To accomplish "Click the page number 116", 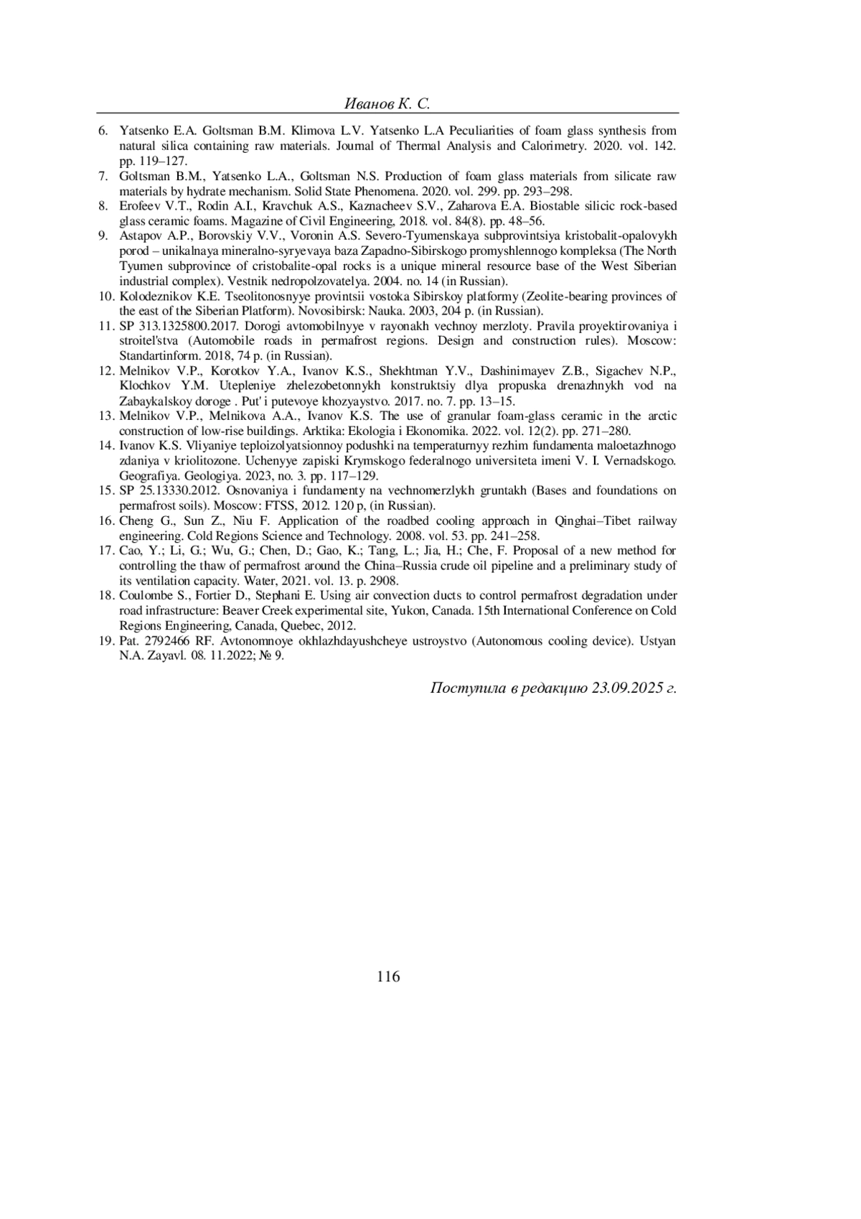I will [387, 976].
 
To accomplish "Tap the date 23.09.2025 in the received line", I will [626, 688].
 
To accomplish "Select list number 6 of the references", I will [103, 131].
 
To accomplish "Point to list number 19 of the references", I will [106, 640].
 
